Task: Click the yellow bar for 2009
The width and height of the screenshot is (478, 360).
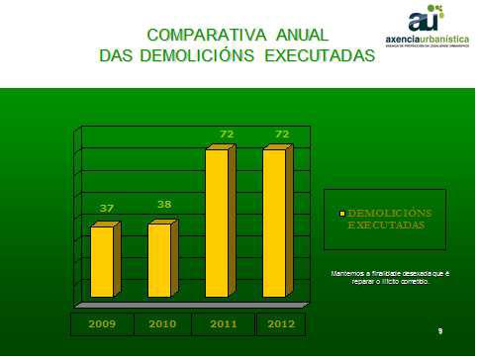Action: pyautogui.click(x=102, y=261)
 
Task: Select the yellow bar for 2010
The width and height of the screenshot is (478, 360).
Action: pyautogui.click(x=159, y=260)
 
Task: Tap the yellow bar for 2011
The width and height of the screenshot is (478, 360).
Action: pyautogui.click(x=217, y=223)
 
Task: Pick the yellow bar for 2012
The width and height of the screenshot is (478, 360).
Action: pyautogui.click(x=274, y=223)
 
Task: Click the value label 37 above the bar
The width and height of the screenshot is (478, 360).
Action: pyautogui.click(x=107, y=208)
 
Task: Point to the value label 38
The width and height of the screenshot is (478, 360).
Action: pyautogui.click(x=164, y=204)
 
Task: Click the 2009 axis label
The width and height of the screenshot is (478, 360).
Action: pyautogui.click(x=102, y=323)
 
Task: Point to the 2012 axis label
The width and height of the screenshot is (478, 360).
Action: pyautogui.click(x=280, y=323)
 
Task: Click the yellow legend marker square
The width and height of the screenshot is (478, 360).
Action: pyautogui.click(x=342, y=214)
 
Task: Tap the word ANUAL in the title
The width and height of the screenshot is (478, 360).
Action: pyautogui.click(x=296, y=35)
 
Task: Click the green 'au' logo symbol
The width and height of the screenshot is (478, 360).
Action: pyautogui.click(x=426, y=17)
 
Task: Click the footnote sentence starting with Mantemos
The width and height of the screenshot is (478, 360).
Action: pyautogui.click(x=390, y=276)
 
